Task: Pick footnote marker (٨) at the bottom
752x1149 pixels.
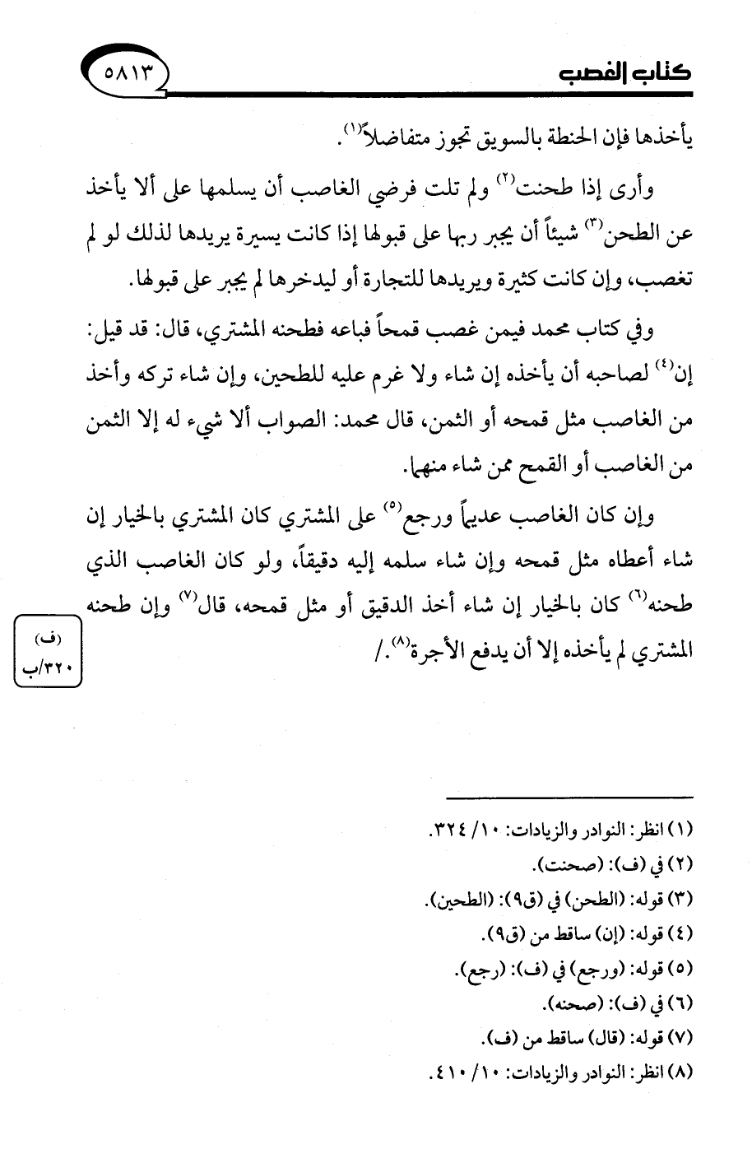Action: tap(680, 1074)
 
